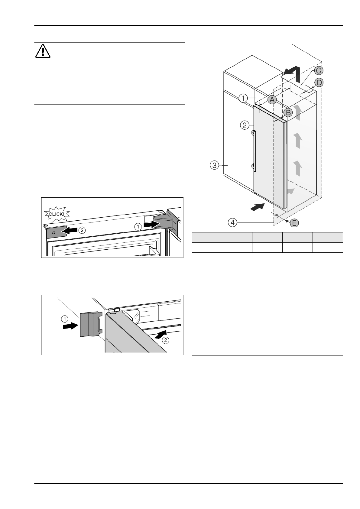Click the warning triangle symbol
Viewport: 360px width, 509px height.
click(43, 51)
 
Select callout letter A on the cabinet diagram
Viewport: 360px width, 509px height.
click(272, 99)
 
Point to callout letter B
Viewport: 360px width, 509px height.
click(288, 113)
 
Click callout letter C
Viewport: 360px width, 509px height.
click(318, 70)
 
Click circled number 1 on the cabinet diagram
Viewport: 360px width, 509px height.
click(243, 98)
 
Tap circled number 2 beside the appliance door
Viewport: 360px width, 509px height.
click(245, 125)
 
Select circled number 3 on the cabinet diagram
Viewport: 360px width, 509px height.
click(215, 165)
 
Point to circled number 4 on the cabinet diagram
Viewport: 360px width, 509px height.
click(232, 223)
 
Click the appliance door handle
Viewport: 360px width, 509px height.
click(254, 151)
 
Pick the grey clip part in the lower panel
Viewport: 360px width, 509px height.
click(90, 324)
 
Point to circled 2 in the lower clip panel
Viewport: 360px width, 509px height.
click(166, 340)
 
